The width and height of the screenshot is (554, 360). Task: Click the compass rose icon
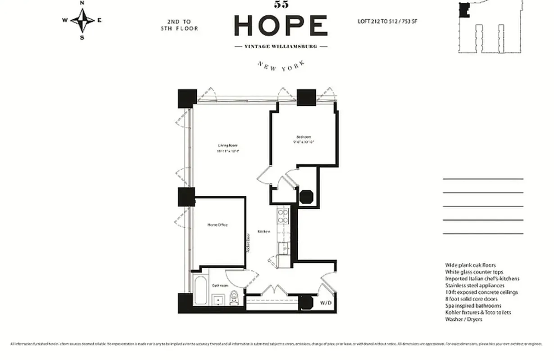pyautogui.click(x=82, y=20)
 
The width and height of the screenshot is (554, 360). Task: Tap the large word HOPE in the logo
pyautogui.click(x=281, y=26)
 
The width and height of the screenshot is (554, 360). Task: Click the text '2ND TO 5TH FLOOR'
pyautogui.click(x=179, y=25)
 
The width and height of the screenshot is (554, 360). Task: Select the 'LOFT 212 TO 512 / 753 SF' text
pyautogui.click(x=387, y=21)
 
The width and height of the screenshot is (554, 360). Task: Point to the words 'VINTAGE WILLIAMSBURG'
pyautogui.click(x=281, y=46)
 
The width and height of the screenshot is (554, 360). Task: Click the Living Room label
pyautogui.click(x=227, y=145)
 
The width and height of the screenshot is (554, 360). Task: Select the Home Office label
pyautogui.click(x=217, y=225)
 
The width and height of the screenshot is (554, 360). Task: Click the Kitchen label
pyautogui.click(x=263, y=231)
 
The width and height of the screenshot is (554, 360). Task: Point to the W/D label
pyautogui.click(x=326, y=303)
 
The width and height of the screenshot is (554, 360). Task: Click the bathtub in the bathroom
pyautogui.click(x=200, y=290)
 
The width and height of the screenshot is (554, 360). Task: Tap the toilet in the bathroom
pyautogui.click(x=234, y=299)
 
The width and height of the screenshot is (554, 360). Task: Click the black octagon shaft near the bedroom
pyautogui.click(x=306, y=198)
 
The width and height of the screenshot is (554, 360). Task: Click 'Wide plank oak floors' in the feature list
pyautogui.click(x=470, y=265)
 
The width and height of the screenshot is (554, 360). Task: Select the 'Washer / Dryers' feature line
pyautogui.click(x=463, y=319)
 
